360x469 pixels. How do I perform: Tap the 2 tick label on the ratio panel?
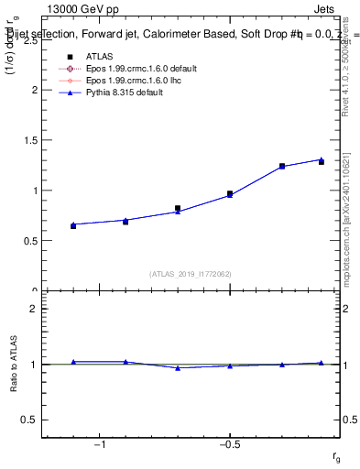tap(33, 309)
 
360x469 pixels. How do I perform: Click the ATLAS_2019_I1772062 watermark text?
tap(191, 273)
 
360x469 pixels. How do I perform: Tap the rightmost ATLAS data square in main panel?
tap(322, 162)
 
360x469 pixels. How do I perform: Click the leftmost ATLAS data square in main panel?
tap(73, 225)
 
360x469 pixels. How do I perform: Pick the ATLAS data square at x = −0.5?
tap(230, 194)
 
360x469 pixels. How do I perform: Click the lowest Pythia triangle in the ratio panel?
tap(178, 367)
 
